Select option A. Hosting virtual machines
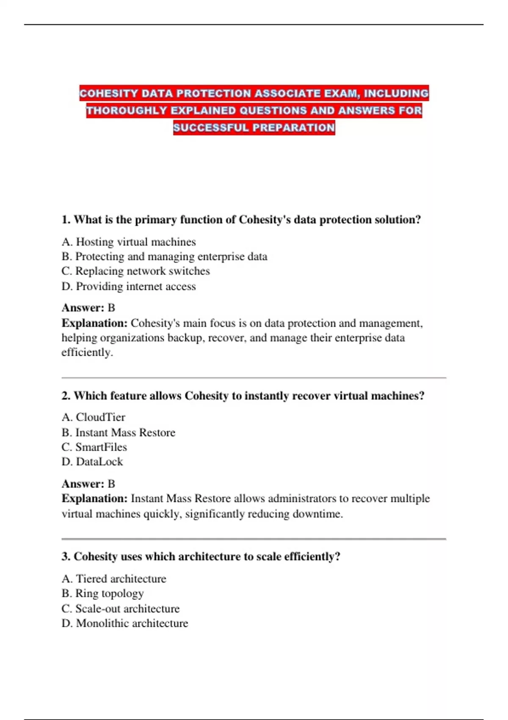coord(129,242)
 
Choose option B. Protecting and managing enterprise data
coord(164,257)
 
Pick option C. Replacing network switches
coord(135,271)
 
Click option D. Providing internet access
coord(129,286)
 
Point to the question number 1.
coord(66,220)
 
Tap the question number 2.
coord(66,396)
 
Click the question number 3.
coord(66,557)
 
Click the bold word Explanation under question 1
coord(94,323)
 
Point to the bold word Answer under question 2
coord(83,484)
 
